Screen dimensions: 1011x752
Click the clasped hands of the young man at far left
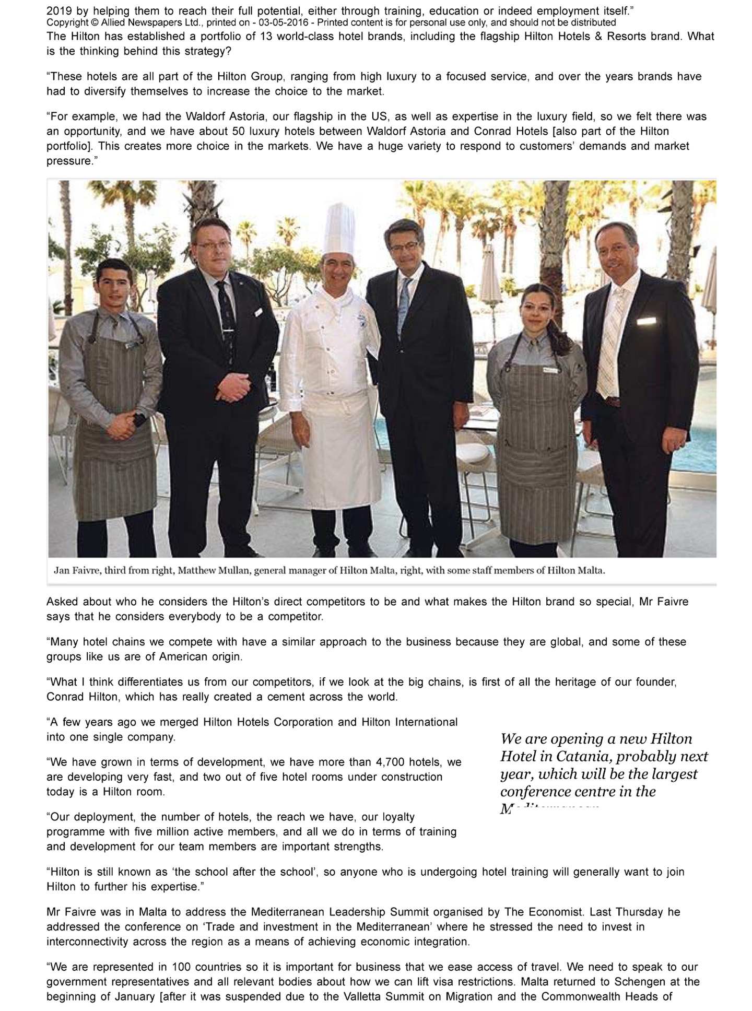pyautogui.click(x=121, y=426)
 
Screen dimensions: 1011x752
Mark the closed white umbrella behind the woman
pyautogui.click(x=490, y=277)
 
